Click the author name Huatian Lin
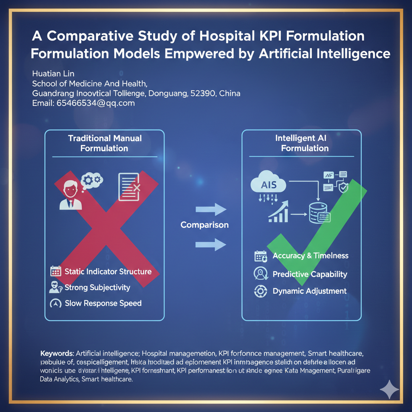(53, 74)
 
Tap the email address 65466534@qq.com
(83, 103)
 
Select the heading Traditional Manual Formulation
(105, 143)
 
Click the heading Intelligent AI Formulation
(305, 143)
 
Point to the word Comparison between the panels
(204, 225)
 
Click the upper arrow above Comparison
(211, 209)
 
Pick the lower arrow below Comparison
(211, 244)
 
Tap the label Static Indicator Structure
(108, 272)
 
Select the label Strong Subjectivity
(97, 287)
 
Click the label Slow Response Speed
(103, 303)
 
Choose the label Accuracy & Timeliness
(310, 256)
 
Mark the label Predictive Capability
(309, 274)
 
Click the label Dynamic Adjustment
(309, 291)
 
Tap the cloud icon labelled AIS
(268, 184)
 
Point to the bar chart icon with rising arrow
(278, 212)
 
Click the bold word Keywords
(57, 354)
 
